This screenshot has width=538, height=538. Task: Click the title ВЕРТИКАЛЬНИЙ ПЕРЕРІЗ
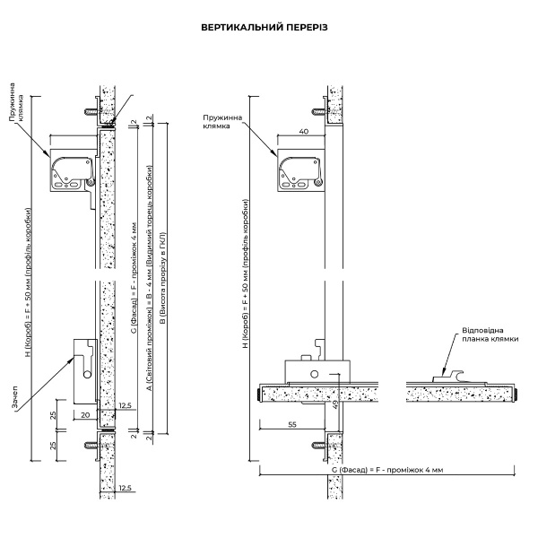tap(268, 28)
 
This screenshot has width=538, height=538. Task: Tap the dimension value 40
tap(304, 131)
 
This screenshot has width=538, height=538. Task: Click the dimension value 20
tap(85, 416)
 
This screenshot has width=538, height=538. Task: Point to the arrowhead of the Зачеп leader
tap(74, 355)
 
